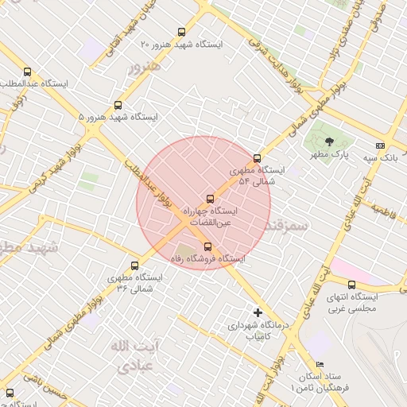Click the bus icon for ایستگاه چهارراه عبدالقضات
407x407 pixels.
pos(210,199)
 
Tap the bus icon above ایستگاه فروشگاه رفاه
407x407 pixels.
pos(207,246)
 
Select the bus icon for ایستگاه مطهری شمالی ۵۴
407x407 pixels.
pos(257,157)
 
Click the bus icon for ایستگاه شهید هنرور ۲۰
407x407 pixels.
pos(181,33)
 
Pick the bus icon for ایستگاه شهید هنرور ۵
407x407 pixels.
pos(118,105)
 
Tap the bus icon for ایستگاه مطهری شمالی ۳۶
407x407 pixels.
pos(134,266)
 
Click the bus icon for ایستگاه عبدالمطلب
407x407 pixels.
pos(28,72)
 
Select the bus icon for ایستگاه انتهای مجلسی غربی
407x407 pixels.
pos(351,285)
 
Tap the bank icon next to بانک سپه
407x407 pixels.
pos(381,145)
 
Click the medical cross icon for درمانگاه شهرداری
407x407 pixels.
pos(258,312)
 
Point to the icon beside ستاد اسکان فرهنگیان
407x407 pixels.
pos(320,364)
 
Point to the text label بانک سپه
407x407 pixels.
pos(359,158)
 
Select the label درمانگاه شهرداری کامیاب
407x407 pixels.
pos(255,331)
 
